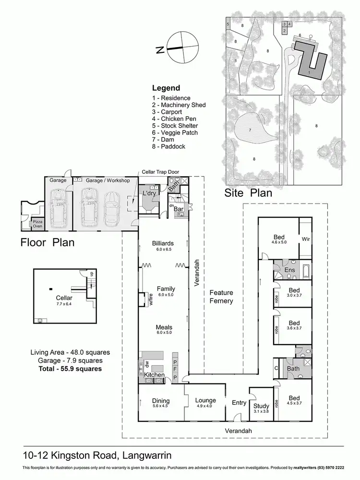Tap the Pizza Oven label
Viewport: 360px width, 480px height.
point(38,224)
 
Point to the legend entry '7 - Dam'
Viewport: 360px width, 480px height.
point(168,139)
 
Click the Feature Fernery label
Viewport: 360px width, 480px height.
point(221,297)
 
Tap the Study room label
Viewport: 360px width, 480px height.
point(262,406)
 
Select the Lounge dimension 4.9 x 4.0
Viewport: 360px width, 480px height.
point(205,406)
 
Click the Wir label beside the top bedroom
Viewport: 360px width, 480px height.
point(305,239)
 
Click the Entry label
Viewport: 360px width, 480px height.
point(239,403)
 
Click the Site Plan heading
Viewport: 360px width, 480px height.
point(248,193)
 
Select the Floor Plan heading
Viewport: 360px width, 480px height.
point(47,242)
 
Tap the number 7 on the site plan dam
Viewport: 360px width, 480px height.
point(250,130)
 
